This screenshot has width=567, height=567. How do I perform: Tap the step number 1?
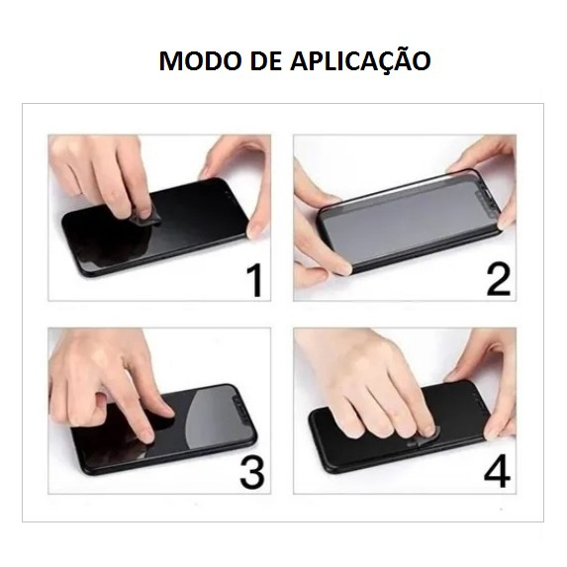click(256, 280)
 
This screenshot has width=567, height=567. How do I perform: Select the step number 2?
click(499, 279)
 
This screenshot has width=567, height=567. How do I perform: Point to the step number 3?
click(252, 473)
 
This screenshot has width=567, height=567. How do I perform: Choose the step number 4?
click(497, 473)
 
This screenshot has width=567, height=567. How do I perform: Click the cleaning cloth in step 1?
click(144, 216)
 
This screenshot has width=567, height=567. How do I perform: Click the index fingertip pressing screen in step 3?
click(145, 435)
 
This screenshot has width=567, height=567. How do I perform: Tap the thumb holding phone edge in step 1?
click(256, 229)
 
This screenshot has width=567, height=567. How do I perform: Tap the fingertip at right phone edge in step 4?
click(497, 431)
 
